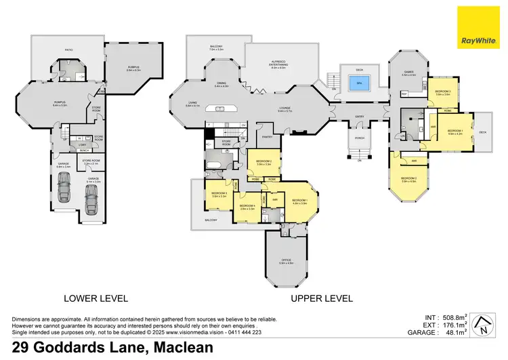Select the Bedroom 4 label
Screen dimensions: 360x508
tap(247, 206)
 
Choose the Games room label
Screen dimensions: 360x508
tap(408, 73)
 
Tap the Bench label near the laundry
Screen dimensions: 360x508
tap(83, 151)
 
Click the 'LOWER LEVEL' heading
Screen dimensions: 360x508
tap(96, 298)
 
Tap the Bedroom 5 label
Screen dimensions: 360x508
tap(219, 194)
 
